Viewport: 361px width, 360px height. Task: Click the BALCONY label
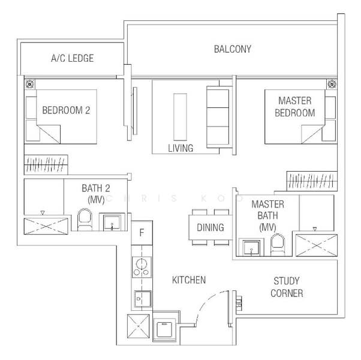point(233,49)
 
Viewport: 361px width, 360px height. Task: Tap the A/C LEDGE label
point(72,58)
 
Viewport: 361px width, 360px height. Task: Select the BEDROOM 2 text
point(66,110)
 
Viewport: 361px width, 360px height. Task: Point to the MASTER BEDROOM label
point(295,107)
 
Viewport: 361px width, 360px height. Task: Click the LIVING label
point(180,148)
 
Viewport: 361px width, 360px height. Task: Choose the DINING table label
point(210,227)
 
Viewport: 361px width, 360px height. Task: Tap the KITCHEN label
point(189,280)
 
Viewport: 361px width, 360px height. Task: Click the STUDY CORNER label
point(286,287)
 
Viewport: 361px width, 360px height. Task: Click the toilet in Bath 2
point(83,220)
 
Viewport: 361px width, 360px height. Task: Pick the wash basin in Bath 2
point(113,222)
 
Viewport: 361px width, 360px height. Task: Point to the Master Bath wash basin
point(249,247)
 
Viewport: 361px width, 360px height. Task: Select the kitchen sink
point(143,298)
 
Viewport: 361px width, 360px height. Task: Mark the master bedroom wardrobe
point(311,179)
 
